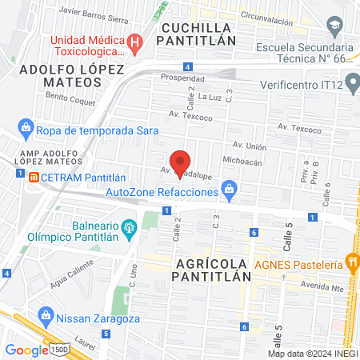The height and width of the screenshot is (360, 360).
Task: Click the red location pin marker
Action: click(x=181, y=163)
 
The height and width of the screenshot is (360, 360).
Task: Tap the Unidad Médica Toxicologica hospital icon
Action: click(x=137, y=41)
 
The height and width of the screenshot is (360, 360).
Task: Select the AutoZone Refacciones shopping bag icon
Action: click(x=230, y=190)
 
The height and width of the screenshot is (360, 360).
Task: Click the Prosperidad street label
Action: click(x=178, y=79)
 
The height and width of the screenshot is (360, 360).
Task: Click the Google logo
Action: click(x=26, y=350)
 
